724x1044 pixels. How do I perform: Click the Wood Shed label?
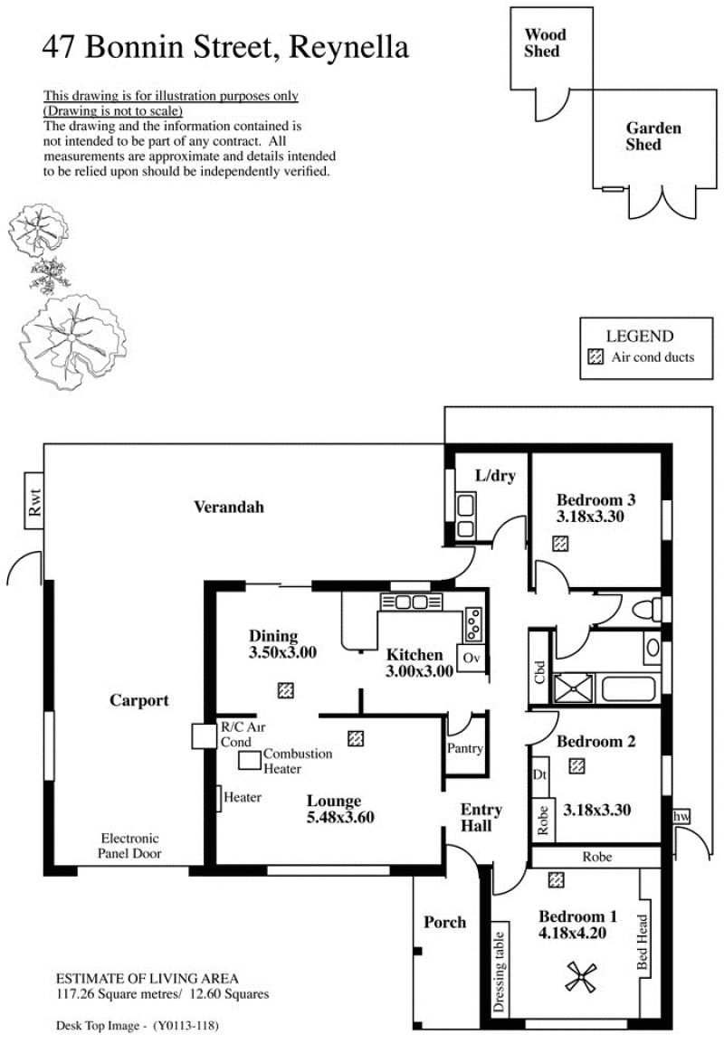544,43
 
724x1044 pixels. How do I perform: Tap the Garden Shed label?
653,136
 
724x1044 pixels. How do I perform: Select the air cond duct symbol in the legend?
595,356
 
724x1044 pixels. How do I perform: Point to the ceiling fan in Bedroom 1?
581,977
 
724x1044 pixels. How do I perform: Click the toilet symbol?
650,610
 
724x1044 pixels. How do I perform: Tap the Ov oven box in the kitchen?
471,658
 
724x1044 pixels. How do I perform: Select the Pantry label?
465,747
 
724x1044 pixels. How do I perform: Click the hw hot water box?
681,816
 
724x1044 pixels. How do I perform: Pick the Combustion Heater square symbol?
250,761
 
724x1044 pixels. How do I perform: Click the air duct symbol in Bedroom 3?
561,544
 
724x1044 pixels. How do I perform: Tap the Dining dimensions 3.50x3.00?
282,652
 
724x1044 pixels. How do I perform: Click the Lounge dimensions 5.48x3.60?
339,817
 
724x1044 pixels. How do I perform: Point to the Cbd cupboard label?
540,672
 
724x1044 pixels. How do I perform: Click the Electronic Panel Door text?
130,846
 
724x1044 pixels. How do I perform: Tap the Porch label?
445,922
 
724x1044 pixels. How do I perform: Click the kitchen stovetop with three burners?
473,624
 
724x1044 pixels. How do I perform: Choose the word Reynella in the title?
349,48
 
